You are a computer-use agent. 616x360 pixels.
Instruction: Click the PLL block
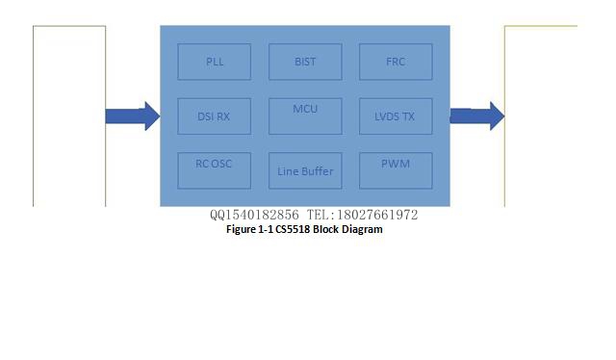pyautogui.click(x=215, y=62)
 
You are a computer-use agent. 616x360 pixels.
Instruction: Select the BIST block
pyautogui.click(x=304, y=62)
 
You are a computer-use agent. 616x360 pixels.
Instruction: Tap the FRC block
pyautogui.click(x=395, y=62)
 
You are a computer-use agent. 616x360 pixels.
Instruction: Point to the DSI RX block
pyautogui.click(x=215, y=116)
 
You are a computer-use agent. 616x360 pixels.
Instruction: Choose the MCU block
pyautogui.click(x=304, y=116)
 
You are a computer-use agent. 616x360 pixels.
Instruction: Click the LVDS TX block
pyautogui.click(x=395, y=116)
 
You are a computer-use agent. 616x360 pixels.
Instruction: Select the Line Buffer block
pyautogui.click(x=304, y=171)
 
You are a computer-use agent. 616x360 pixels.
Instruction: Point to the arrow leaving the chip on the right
pyautogui.click(x=476, y=116)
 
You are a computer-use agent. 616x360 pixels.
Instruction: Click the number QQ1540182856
pyautogui.click(x=254, y=215)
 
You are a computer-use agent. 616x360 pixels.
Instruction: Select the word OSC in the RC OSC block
pyautogui.click(x=221, y=164)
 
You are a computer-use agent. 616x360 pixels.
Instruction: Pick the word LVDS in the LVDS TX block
pyautogui.click(x=386, y=116)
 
